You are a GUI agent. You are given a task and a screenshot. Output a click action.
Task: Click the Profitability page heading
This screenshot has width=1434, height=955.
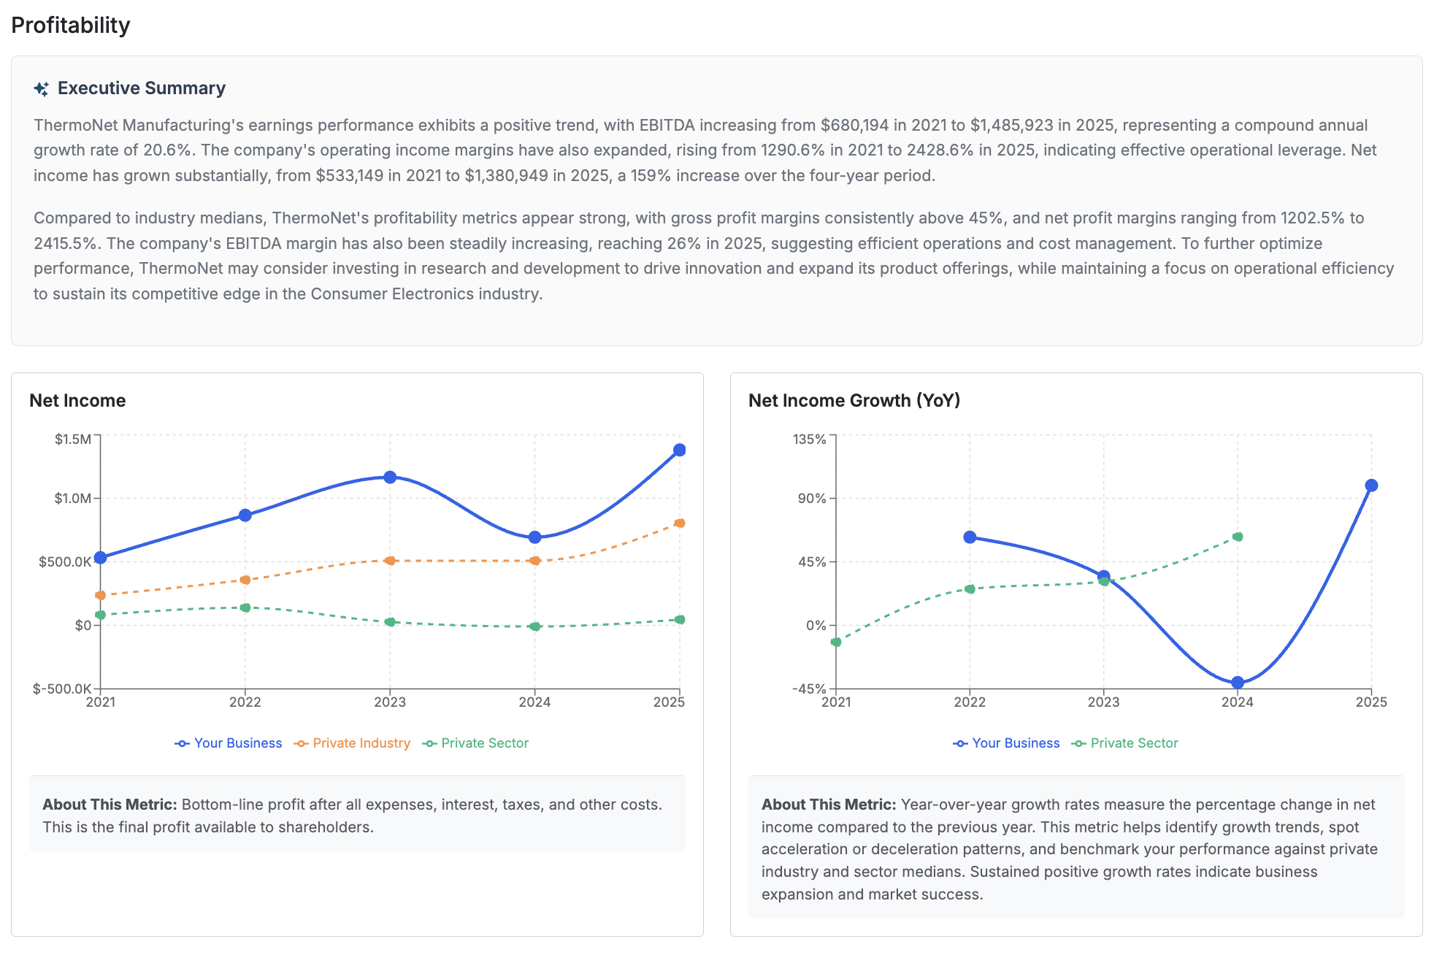pyautogui.click(x=71, y=25)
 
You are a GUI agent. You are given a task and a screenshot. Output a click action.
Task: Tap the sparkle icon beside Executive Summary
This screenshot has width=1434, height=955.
pyautogui.click(x=42, y=89)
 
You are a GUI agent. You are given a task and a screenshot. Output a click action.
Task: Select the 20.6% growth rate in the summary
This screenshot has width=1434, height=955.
pyautogui.click(x=167, y=150)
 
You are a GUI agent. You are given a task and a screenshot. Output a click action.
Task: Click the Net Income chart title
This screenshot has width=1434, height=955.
pyautogui.click(x=77, y=400)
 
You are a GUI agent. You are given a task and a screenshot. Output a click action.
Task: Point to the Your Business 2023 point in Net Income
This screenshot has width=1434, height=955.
pyautogui.click(x=390, y=477)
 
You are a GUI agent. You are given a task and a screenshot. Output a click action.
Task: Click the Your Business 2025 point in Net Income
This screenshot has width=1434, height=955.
pyautogui.click(x=679, y=450)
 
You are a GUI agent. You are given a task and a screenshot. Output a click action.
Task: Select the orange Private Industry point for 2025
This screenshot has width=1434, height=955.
pyautogui.click(x=680, y=523)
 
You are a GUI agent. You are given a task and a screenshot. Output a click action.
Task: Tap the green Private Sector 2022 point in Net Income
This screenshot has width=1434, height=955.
pyautogui.click(x=245, y=607)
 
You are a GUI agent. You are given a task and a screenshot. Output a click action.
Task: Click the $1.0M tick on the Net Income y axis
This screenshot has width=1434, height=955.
pyautogui.click(x=73, y=498)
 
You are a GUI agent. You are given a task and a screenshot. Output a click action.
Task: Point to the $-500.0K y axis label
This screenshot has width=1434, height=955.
pyautogui.click(x=62, y=689)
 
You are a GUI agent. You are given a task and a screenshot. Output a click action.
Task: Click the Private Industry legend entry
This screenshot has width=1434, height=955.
pyautogui.click(x=353, y=743)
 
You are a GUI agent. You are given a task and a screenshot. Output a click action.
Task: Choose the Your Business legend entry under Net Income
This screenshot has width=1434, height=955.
pyautogui.click(x=229, y=743)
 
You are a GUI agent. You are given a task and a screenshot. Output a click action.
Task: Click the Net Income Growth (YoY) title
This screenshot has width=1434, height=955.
pyautogui.click(x=854, y=400)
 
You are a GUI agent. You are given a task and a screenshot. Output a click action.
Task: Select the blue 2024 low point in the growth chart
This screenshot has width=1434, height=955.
pyautogui.click(x=1238, y=683)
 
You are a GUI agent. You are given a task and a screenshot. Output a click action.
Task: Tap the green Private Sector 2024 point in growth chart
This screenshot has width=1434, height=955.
pyautogui.click(x=1238, y=537)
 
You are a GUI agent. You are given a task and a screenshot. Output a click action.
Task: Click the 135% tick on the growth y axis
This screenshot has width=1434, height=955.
pyautogui.click(x=810, y=439)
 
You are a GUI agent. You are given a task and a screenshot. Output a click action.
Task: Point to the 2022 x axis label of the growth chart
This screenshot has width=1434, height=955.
pyautogui.click(x=970, y=702)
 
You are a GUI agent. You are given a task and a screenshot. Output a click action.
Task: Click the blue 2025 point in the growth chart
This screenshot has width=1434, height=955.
pyautogui.click(x=1371, y=486)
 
